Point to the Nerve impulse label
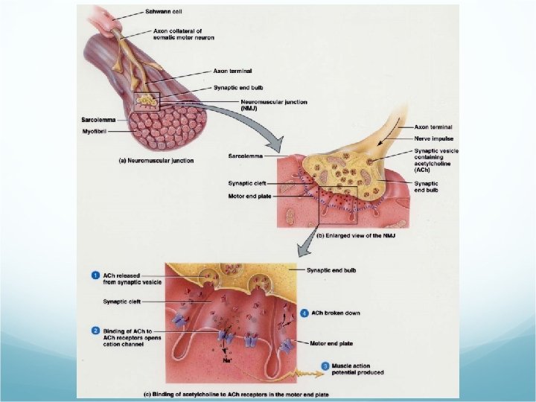(x=432, y=138)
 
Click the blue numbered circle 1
(x=96, y=275)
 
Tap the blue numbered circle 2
(x=96, y=329)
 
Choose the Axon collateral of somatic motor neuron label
(x=183, y=34)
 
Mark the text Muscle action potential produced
(x=357, y=368)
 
